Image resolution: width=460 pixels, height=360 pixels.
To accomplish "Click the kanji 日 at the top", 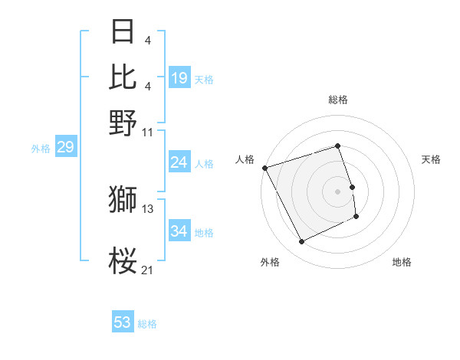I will [123, 32].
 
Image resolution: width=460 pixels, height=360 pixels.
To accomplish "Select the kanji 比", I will [123, 77].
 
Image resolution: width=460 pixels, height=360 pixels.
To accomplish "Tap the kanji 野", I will [123, 122].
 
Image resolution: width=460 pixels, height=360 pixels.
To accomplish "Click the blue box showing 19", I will [179, 77].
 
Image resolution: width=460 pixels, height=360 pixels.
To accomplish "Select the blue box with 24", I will [179, 162].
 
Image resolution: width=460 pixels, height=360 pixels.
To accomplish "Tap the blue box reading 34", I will [179, 231].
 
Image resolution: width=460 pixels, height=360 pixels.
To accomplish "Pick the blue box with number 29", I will [65, 147].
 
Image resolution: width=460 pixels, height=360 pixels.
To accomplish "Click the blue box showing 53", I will [123, 322].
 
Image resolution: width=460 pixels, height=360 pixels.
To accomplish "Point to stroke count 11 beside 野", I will [149, 132].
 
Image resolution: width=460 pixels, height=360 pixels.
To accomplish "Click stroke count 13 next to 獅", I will [149, 208].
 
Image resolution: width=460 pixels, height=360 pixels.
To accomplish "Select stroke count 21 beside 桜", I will [149, 270].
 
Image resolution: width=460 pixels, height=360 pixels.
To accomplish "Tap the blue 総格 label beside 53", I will [147, 324].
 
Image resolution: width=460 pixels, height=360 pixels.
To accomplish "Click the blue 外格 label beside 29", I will [41, 149].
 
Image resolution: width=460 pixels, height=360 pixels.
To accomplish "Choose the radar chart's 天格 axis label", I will [432, 159].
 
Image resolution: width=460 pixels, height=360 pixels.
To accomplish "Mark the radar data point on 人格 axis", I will [264, 167].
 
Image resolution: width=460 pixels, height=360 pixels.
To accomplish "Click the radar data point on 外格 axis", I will [301, 242].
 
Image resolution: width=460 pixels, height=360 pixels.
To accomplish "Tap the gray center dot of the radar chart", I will [338, 191].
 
